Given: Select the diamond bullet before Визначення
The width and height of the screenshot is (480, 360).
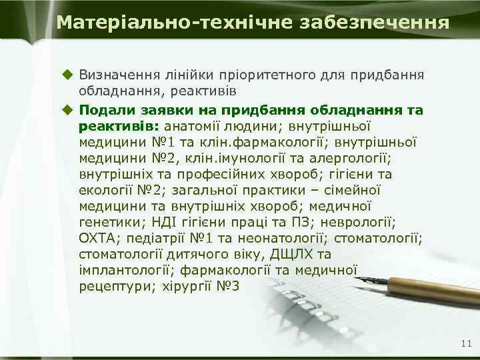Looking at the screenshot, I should (66, 73).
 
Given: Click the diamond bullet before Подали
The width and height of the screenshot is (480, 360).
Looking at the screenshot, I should (66, 109).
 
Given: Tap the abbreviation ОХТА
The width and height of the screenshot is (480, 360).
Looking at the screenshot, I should (97, 238).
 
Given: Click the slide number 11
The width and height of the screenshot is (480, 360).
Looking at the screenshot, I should (465, 343).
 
